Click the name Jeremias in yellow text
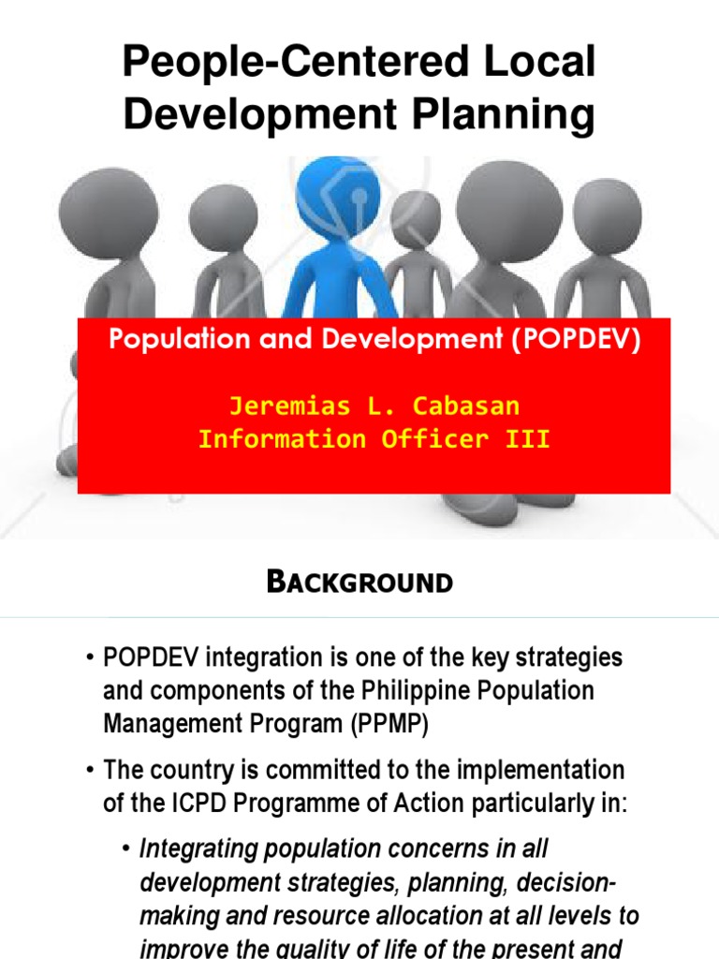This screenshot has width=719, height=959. pos(286,406)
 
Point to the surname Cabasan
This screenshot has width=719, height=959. pos(465,406)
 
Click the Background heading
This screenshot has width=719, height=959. pos(359,582)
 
